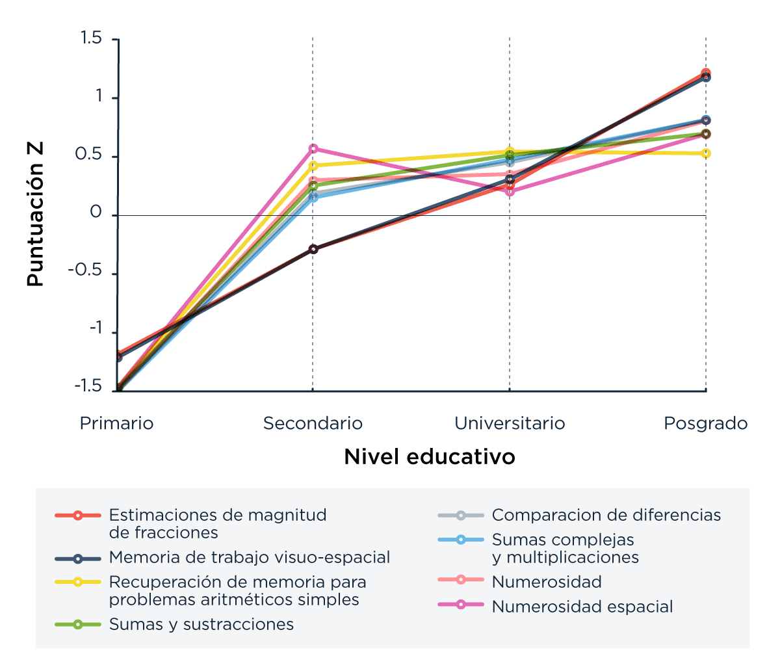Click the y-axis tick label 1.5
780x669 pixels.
pyautogui.click(x=91, y=39)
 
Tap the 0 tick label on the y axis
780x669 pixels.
pyautogui.click(x=96, y=213)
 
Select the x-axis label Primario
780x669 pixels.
pyautogui.click(x=116, y=424)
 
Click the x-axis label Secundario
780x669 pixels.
pyautogui.click(x=313, y=424)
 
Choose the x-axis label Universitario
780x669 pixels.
pyautogui.click(x=510, y=424)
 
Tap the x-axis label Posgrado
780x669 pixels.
pyautogui.click(x=705, y=424)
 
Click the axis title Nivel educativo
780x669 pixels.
pyautogui.click(x=429, y=457)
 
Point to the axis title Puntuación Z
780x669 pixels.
pyautogui.click(x=35, y=215)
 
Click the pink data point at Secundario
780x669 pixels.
pyautogui.click(x=313, y=149)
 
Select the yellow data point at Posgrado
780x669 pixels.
pyautogui.click(x=706, y=153)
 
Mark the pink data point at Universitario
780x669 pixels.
pyautogui.click(x=510, y=191)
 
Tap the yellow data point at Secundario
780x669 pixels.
pyautogui.click(x=313, y=166)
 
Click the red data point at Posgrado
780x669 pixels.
pyautogui.click(x=706, y=73)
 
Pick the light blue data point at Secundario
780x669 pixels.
pyautogui.click(x=313, y=197)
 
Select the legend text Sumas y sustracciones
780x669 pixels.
pyautogui.click(x=201, y=625)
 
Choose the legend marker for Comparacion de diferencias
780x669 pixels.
pyautogui.click(x=460, y=516)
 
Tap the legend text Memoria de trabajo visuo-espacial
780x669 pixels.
pyautogui.click(x=250, y=558)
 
